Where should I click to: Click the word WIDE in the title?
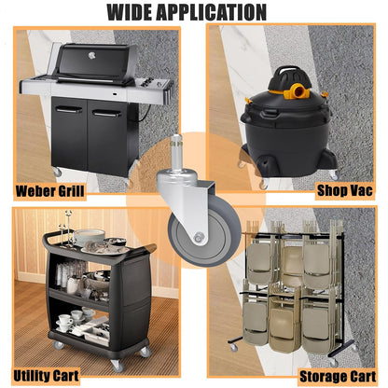click(x=129, y=12)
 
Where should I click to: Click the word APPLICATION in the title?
click(x=212, y=12)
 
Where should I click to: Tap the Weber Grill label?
click(x=49, y=190)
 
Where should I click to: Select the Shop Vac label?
click(x=344, y=190)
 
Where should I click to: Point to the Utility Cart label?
click(x=46, y=376)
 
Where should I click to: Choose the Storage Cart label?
click(x=338, y=377)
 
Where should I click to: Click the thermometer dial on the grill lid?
click(x=91, y=56)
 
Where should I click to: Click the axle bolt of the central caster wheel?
click(x=198, y=238)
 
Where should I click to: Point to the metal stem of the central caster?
click(x=176, y=153)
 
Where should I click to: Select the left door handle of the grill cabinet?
click(x=69, y=110)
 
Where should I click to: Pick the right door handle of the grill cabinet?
click(x=106, y=114)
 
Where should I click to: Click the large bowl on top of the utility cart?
click(x=90, y=236)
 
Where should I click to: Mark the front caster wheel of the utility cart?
click(x=117, y=366)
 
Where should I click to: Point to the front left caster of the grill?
click(x=57, y=172)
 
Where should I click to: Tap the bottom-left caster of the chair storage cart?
click(x=233, y=347)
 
